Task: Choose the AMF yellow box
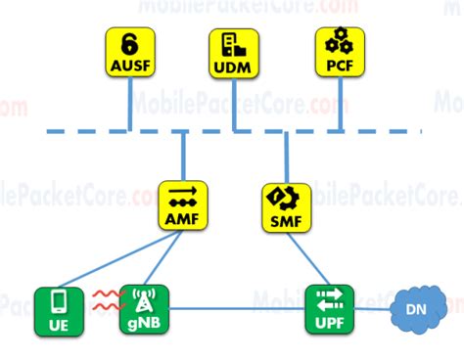click(183, 204)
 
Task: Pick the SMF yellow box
click(286, 204)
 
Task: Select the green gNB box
click(143, 309)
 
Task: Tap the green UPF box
click(329, 309)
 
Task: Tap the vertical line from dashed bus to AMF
click(183, 157)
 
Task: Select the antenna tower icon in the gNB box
click(143, 297)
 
